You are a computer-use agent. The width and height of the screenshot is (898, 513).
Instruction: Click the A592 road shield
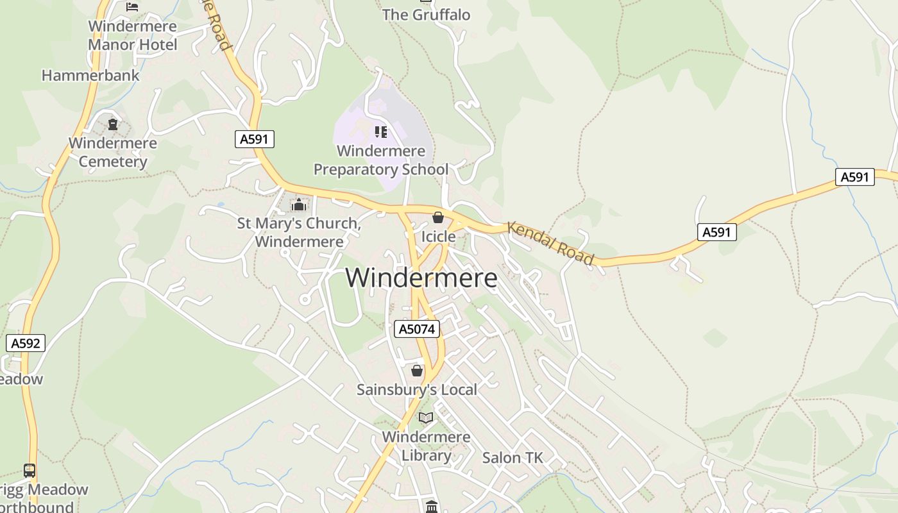[x=26, y=343]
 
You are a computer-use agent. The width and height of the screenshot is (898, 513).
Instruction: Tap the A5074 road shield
[x=416, y=329]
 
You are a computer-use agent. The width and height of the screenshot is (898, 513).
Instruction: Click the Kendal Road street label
[x=550, y=244]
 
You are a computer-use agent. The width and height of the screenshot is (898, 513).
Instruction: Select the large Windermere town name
[x=421, y=278]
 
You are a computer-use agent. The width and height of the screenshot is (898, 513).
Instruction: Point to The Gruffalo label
[x=426, y=15]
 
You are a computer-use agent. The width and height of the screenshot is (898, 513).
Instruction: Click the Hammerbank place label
[x=90, y=75]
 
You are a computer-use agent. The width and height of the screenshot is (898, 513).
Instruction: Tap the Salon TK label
[x=513, y=458]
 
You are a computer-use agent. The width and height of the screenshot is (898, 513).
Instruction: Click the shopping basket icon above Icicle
[x=438, y=218]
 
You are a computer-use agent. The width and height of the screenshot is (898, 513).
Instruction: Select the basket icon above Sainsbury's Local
[x=417, y=371]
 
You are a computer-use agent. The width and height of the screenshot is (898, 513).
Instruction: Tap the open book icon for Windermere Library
[x=426, y=418]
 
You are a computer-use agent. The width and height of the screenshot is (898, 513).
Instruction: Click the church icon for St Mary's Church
[x=298, y=205]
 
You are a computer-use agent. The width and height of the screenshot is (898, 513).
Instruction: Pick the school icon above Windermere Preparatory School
[x=381, y=132]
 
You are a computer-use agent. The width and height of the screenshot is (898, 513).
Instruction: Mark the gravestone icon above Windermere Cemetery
[x=113, y=124]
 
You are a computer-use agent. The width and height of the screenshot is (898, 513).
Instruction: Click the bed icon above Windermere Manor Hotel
[x=132, y=7]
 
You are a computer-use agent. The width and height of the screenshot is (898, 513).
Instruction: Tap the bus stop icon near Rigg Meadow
[x=30, y=471]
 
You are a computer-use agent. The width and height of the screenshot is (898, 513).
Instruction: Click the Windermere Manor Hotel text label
[x=132, y=36]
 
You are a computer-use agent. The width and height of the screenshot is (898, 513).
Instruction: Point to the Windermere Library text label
[x=426, y=446]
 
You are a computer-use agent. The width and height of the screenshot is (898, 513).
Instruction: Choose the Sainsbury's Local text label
[x=417, y=389]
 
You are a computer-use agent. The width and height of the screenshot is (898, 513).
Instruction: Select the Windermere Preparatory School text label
[x=381, y=160]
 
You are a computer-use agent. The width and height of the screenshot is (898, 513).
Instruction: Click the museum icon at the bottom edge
[x=432, y=507]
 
